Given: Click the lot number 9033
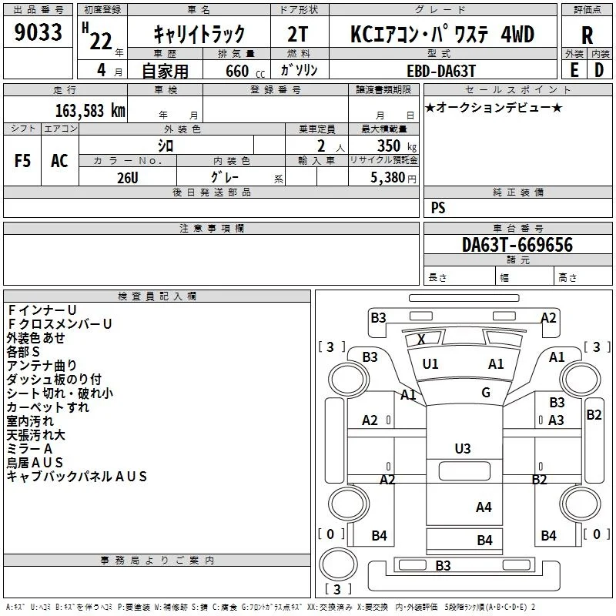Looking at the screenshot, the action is coord(38,32).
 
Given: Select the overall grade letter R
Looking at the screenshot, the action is coord(587,35).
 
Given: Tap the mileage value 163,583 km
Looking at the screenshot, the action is coord(90,110).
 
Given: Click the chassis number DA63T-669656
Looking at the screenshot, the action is coord(517,245).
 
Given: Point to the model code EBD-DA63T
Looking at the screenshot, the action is coord(441,71).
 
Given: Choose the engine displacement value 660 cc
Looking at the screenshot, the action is coord(245,71).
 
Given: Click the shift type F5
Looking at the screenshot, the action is coord(22,161).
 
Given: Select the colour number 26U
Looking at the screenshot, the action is coord(128,178).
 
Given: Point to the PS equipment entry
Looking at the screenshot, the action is coord(438,207).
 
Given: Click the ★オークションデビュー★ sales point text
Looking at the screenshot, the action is coord(494,107).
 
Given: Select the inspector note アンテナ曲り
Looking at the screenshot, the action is coord(42,365).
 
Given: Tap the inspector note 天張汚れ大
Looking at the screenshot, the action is coord(35,434).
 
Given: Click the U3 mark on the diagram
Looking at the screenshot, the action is coord(463,448).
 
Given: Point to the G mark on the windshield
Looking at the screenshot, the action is coord(486,392).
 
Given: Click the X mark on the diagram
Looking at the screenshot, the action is coord(421,339).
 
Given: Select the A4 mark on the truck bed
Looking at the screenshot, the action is coord(484,507).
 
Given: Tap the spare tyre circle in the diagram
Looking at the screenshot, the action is coord(338,564).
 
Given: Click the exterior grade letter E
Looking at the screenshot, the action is coord(574,70).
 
